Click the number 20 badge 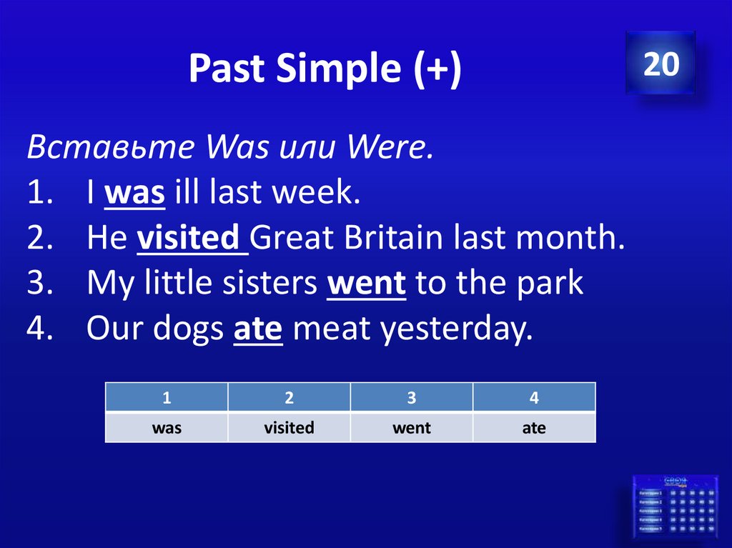point(661,64)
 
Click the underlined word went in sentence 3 point(367,284)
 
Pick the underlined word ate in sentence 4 point(259,329)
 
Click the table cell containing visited point(289,428)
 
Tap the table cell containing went point(412,428)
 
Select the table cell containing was point(167,428)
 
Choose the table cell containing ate point(534,428)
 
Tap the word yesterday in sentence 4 point(456,329)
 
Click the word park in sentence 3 point(551,284)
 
